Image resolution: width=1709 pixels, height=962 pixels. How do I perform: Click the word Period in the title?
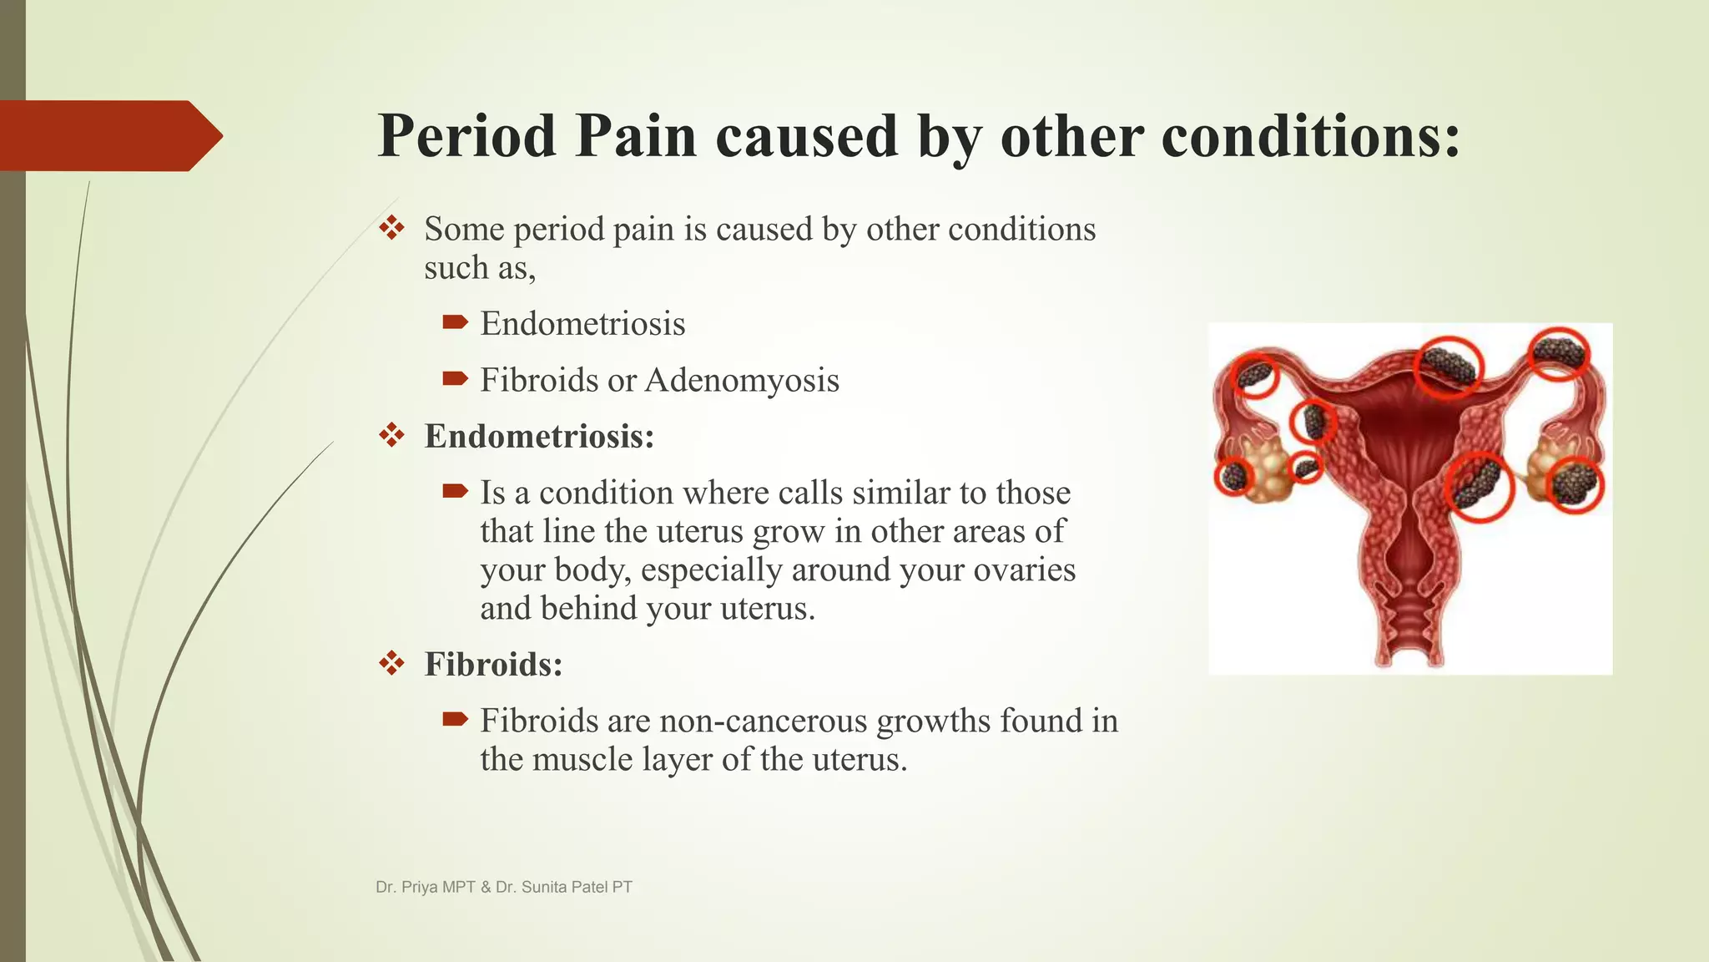pos(466,136)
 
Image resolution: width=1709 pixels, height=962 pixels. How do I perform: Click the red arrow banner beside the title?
pos(108,136)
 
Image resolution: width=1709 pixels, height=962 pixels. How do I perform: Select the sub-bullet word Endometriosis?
pos(582,324)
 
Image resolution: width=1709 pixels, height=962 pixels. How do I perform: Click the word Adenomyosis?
pos(742,381)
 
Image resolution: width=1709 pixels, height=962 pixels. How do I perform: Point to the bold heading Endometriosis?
pos(539,436)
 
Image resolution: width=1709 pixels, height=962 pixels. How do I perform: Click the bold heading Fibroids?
pos(493,665)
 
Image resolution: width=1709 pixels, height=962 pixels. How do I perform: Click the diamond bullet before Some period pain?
pos(391,228)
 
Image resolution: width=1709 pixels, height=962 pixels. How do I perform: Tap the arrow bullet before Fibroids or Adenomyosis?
pos(455,380)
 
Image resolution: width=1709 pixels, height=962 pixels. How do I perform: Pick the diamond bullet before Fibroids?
pos(391,665)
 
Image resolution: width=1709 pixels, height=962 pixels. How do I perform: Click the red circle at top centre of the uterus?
pos(1449,366)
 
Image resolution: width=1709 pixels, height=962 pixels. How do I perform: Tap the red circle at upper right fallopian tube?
pos(1557,353)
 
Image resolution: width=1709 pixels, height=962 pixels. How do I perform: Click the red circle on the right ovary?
pos(1575,484)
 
